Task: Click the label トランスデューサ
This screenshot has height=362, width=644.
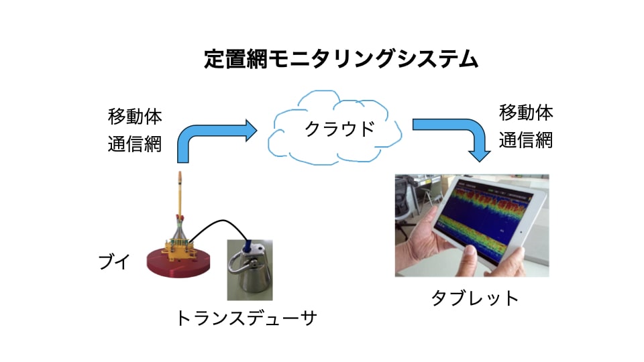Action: (245, 318)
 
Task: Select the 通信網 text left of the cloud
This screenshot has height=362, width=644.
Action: (135, 144)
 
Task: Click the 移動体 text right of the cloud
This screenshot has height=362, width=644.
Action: (526, 112)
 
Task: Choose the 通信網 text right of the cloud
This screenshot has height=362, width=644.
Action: (526, 140)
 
